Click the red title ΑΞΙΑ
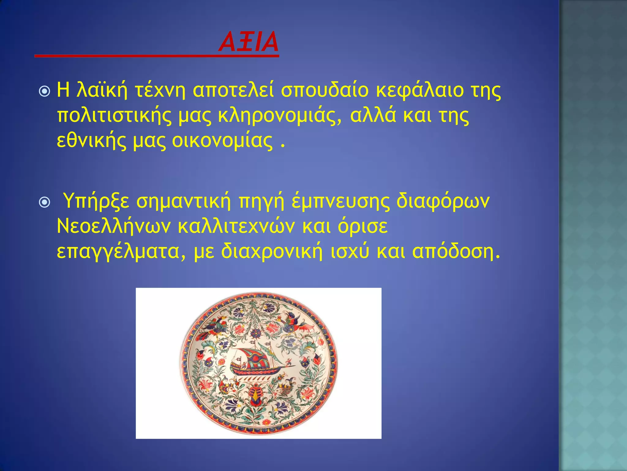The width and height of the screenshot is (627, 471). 248,42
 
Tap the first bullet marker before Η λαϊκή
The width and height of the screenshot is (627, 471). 45,91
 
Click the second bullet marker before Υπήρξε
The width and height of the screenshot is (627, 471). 45,202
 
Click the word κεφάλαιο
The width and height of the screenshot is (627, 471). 419,91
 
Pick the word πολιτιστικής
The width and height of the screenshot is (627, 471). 114,116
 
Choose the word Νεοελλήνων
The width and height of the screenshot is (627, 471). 114,226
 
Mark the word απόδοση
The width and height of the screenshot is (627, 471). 456,251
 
